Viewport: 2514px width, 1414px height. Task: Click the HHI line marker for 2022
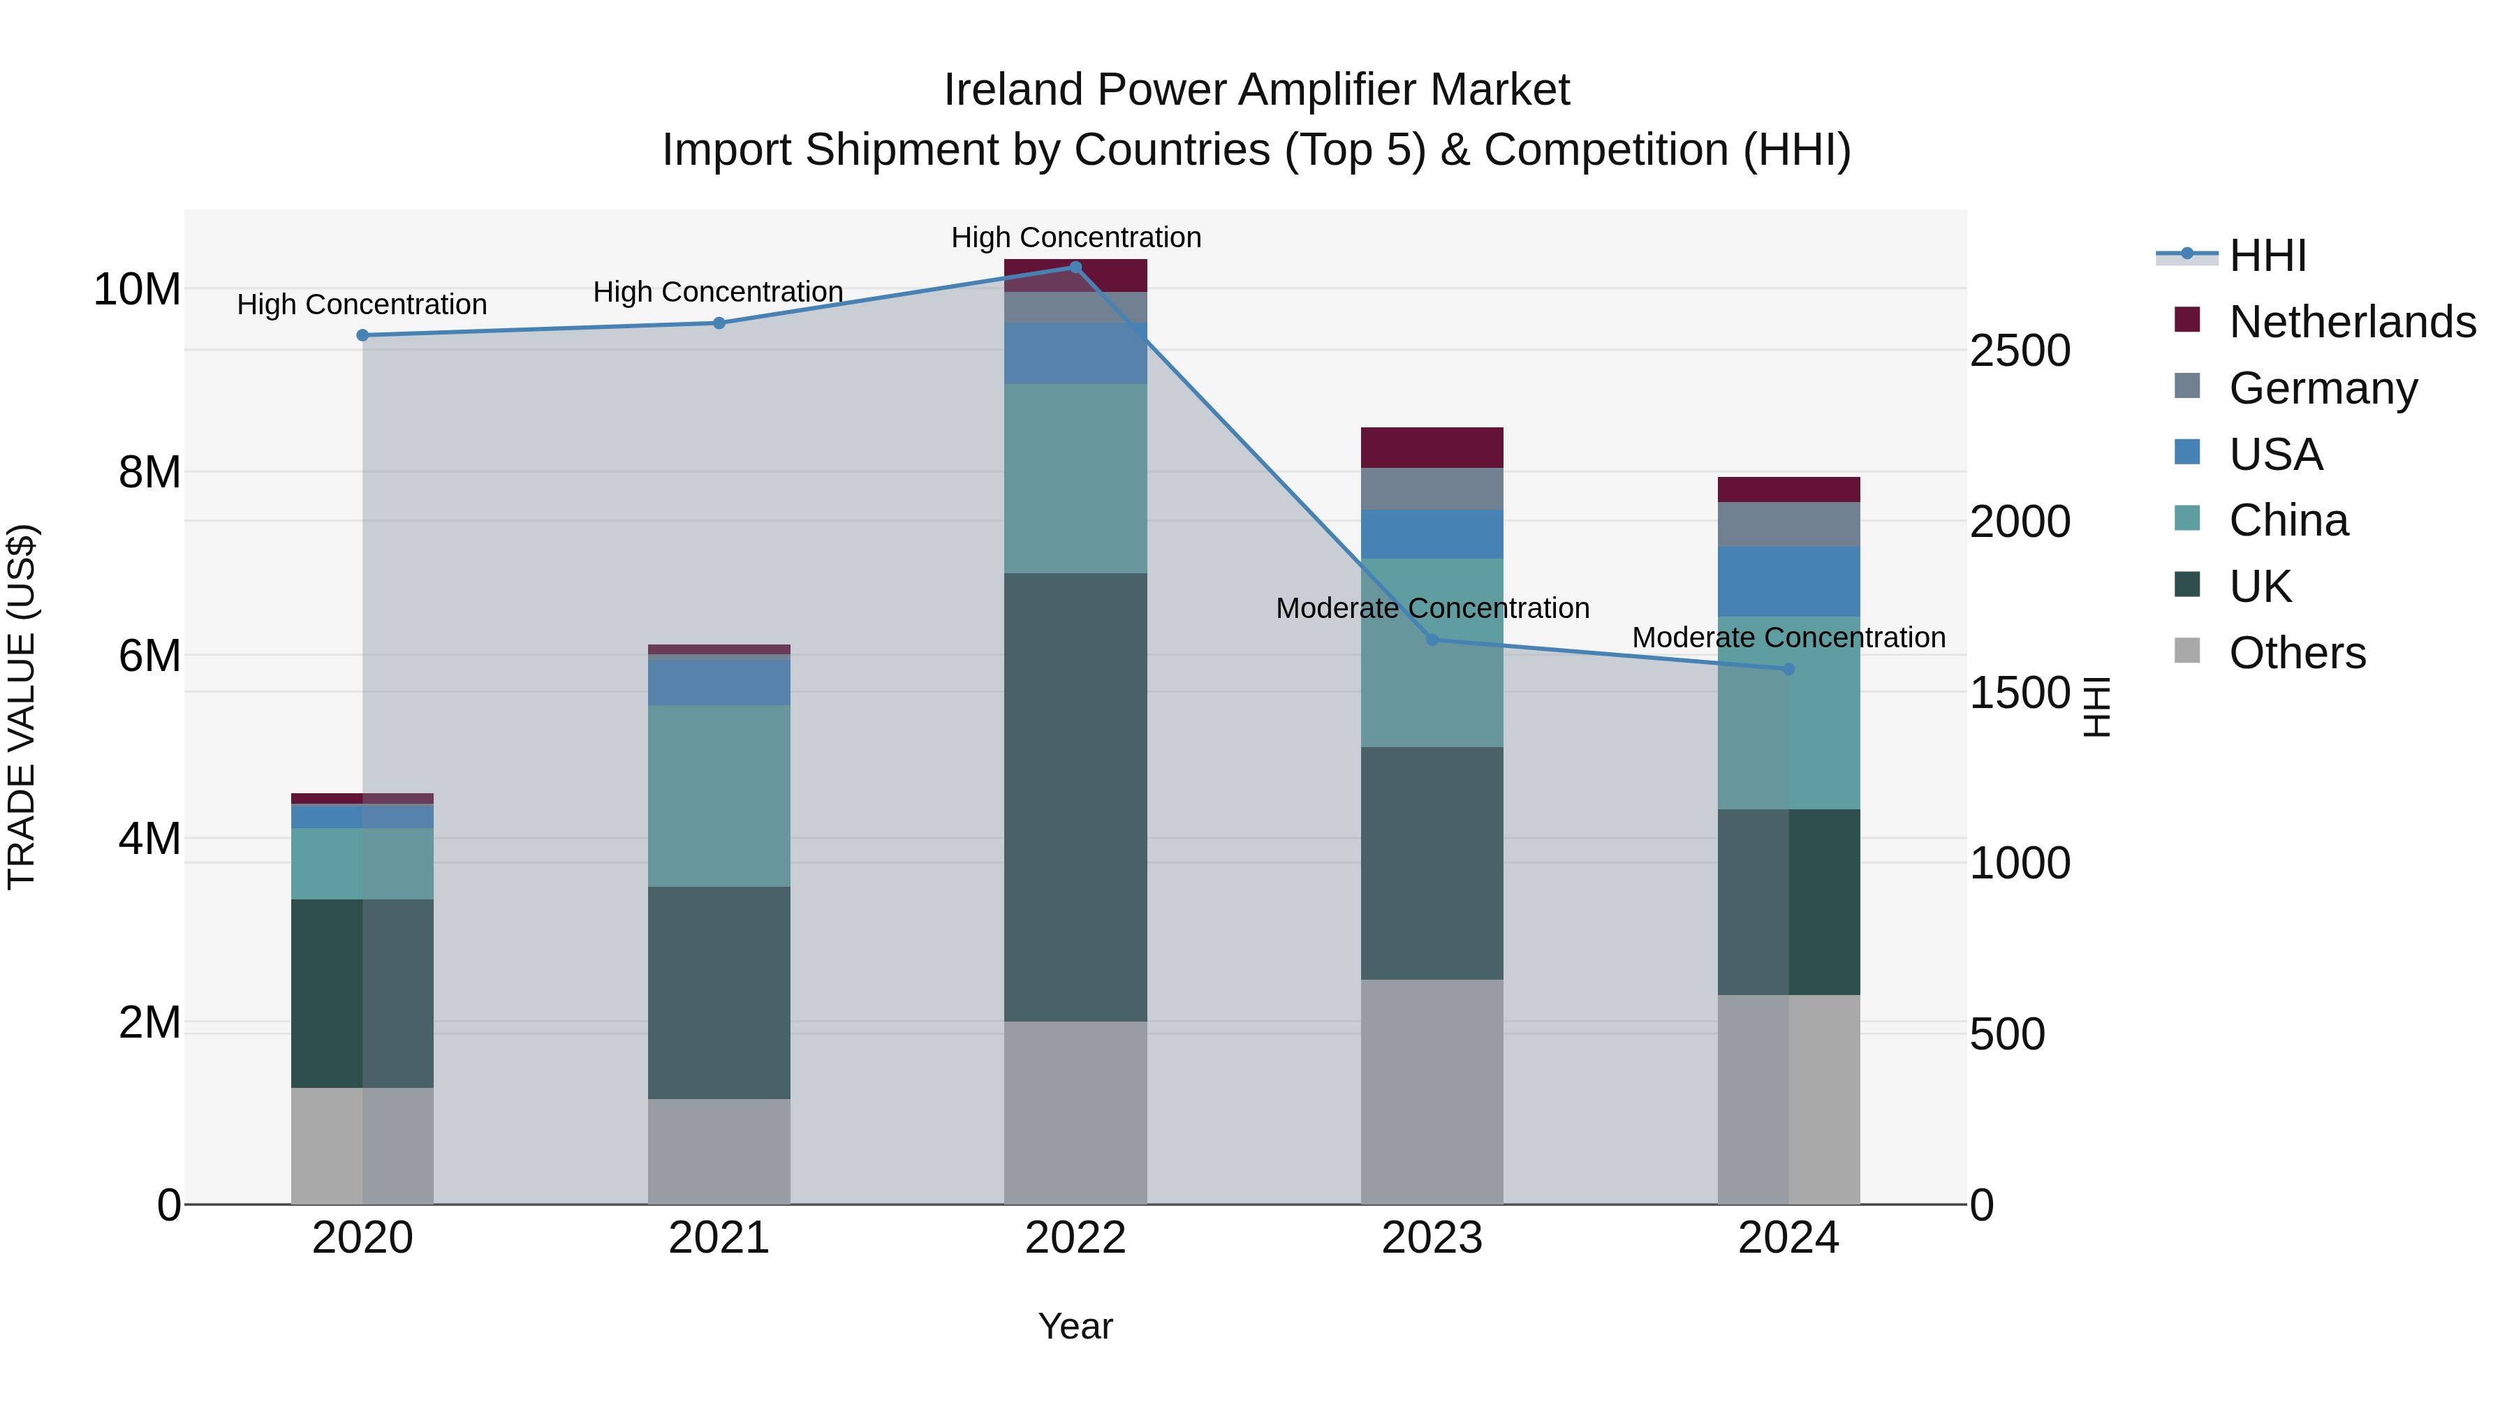(x=1075, y=267)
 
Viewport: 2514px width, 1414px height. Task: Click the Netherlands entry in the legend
(x=2351, y=322)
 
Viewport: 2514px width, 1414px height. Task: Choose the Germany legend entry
(x=2322, y=388)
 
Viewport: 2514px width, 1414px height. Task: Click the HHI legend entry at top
(x=2267, y=256)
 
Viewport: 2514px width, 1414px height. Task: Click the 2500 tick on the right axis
(x=2019, y=351)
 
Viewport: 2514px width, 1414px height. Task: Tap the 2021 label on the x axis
(x=719, y=1237)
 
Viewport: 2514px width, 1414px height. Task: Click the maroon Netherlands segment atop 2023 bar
(x=1432, y=447)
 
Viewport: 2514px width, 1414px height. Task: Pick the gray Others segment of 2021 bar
(x=719, y=1151)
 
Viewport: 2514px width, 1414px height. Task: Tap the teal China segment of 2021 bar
(x=719, y=795)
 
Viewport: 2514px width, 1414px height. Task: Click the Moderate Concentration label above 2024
(x=1788, y=638)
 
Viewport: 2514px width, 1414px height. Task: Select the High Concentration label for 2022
(x=1075, y=237)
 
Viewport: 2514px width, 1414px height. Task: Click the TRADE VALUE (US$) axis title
(x=22, y=707)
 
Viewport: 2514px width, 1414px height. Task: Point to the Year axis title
(x=1075, y=1326)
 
